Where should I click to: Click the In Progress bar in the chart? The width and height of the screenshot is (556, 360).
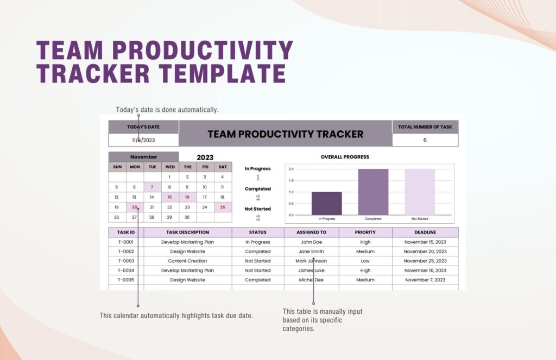pos(326,203)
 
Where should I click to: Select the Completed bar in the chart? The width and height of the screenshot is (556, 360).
pos(373,192)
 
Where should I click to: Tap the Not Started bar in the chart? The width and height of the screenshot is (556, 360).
pos(420,192)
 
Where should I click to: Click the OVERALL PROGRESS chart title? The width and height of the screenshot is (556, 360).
pos(345,157)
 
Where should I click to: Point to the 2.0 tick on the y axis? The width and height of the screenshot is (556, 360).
pos(291,169)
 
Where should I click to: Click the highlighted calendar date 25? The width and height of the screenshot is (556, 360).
pos(223,207)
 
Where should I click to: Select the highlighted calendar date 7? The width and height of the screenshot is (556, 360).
pos(152,187)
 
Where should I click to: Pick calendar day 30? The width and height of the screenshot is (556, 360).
pos(187,217)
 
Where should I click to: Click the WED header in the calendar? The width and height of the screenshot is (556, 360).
pos(170,167)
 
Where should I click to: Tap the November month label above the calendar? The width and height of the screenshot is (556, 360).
pos(143,157)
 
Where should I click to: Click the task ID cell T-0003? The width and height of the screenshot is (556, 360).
pos(125,261)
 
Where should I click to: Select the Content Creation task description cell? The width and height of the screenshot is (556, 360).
pos(187,261)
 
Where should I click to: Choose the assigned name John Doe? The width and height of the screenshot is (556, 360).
pos(311,242)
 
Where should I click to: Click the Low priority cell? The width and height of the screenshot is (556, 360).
pos(365,261)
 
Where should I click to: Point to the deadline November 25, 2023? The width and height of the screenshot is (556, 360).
pos(425,261)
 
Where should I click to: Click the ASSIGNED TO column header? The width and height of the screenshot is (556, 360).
pos(311,232)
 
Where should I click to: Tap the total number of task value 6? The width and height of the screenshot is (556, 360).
pos(425,140)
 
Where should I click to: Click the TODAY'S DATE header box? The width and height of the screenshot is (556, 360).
pos(143,127)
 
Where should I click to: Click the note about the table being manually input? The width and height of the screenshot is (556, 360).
pos(322,320)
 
